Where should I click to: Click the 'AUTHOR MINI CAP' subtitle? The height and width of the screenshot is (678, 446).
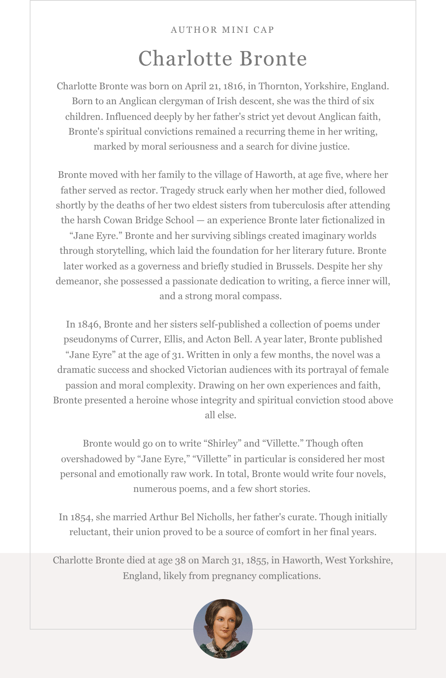click(222, 30)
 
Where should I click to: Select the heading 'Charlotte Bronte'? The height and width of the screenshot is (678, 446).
click(222, 58)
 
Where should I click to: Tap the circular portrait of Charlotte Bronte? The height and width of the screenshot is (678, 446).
click(223, 629)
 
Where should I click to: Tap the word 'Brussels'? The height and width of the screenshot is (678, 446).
click(293, 266)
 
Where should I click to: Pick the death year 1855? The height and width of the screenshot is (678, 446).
click(256, 560)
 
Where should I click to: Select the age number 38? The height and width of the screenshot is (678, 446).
click(180, 560)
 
